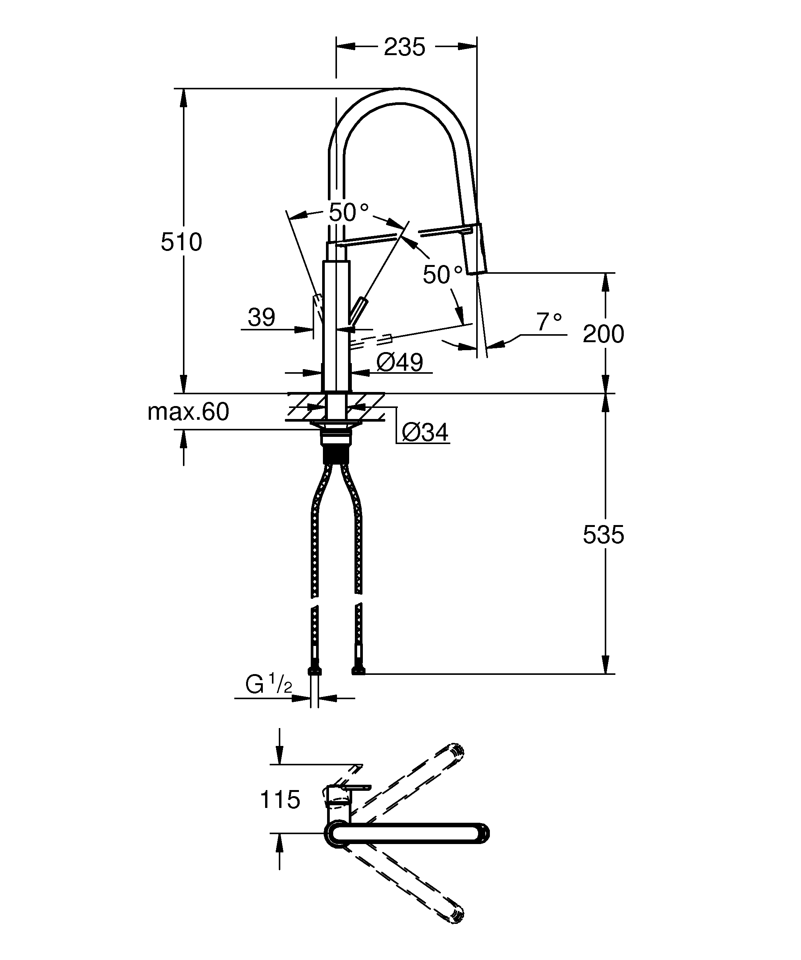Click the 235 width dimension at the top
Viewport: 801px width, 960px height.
tap(404, 47)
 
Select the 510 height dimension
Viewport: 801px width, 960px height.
tap(181, 242)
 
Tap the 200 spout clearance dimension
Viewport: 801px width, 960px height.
tap(603, 334)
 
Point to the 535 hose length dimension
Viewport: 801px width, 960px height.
tap(603, 535)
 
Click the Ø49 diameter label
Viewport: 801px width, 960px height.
tap(400, 362)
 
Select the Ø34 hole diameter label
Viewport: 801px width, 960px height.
tap(425, 432)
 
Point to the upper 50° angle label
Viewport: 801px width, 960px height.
tap(348, 213)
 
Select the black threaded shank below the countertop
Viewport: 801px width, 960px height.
tap(336, 455)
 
